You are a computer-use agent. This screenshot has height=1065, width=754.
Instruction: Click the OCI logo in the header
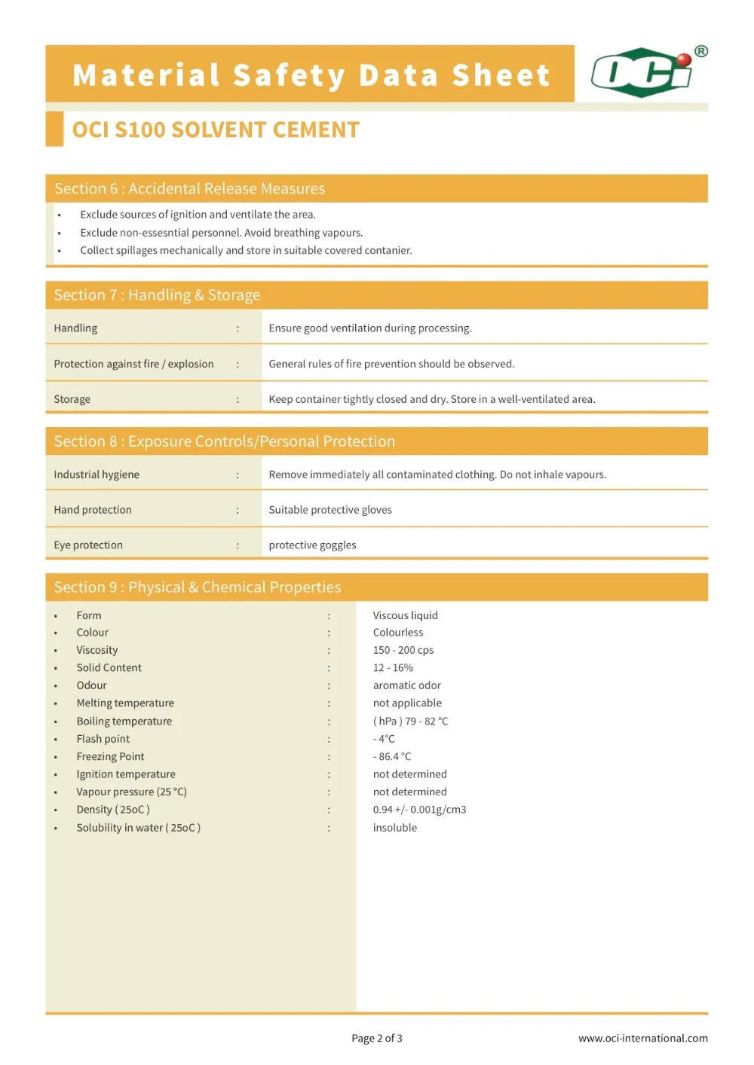click(x=642, y=73)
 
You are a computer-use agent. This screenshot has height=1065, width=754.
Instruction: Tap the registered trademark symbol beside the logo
click(x=701, y=51)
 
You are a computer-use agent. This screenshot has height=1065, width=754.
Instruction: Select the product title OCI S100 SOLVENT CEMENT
click(x=216, y=130)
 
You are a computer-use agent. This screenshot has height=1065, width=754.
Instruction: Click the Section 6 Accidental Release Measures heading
click(x=189, y=188)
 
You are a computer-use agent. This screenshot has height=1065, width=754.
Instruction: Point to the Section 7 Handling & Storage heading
click(x=157, y=295)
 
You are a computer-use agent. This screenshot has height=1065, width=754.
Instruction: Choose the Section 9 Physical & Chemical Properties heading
click(x=197, y=587)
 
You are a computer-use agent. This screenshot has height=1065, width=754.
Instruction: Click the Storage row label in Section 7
click(x=72, y=399)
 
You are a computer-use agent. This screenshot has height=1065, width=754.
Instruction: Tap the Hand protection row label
click(x=93, y=510)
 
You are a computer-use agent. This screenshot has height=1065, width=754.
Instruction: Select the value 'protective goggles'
click(x=312, y=545)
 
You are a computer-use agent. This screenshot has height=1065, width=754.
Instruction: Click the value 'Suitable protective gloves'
click(x=330, y=510)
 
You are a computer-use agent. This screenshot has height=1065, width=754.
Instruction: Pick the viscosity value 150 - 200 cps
click(x=403, y=650)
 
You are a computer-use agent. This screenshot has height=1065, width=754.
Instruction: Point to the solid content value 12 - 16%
click(x=393, y=668)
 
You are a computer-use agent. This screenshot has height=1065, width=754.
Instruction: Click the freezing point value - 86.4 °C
click(x=392, y=756)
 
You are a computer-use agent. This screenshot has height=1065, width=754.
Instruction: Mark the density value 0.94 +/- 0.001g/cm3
click(x=419, y=810)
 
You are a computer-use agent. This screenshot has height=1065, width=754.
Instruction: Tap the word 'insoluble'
click(x=395, y=828)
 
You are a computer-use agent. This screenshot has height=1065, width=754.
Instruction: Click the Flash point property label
click(x=103, y=739)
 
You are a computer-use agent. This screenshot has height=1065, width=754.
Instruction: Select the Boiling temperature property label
click(x=124, y=722)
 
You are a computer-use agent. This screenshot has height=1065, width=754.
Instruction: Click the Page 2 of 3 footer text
click(x=377, y=1038)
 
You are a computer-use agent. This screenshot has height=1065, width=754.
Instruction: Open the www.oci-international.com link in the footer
click(x=643, y=1038)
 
